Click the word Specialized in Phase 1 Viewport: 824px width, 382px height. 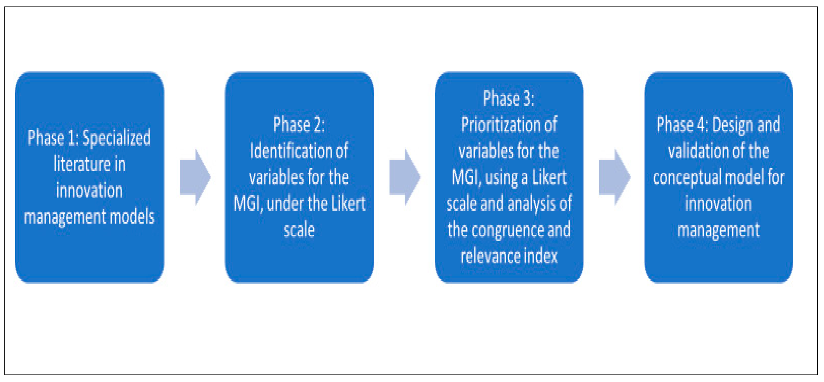pos(117,138)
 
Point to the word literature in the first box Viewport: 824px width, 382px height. pos(82,164)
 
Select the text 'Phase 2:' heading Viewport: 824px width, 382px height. pos(299,124)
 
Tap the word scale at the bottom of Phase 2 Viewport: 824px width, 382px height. pos(299,230)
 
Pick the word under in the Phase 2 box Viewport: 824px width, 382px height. pos(281,204)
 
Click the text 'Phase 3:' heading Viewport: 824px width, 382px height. pos(509,98)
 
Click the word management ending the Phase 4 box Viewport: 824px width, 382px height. pos(718,230)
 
